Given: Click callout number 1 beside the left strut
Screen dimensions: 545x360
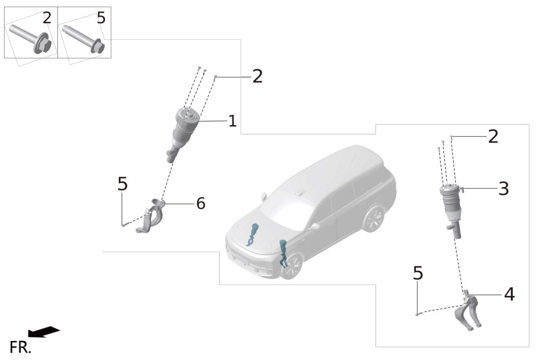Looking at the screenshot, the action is coord(232,121).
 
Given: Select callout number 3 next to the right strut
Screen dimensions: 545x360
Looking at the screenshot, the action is coord(503,189).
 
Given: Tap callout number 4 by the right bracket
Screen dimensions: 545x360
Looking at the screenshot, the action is coord(509,294).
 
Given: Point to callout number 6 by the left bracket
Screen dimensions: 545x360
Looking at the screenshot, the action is coord(201,204).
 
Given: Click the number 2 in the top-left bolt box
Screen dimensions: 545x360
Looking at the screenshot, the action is coord(47,18).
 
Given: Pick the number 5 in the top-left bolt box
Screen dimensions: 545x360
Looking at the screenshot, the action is coord(101,18).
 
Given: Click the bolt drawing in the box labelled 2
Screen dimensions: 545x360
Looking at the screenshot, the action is coord(31,37).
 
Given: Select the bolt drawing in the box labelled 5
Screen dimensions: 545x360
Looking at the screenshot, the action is coord(84,38).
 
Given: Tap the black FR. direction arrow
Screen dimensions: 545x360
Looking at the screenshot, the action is coord(44,332).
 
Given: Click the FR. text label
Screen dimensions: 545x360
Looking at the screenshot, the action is coord(20,347).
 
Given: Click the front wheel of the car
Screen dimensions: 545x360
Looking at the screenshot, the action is coord(291,265).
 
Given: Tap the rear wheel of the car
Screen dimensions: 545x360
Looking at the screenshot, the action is coord(373,219).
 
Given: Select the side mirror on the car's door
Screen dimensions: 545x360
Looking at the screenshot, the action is coord(315,227).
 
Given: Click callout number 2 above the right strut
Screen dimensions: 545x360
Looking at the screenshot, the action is coord(493,136).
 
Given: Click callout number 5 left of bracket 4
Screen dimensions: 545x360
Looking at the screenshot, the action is coord(418,273).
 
